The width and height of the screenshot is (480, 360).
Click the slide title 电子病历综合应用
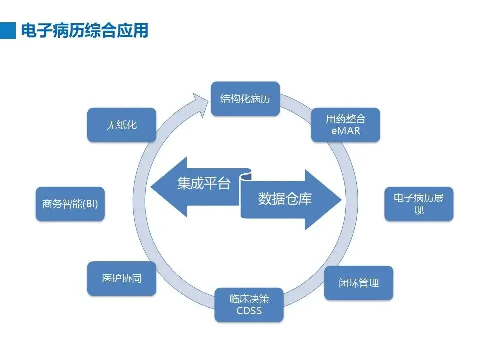[x=84, y=31]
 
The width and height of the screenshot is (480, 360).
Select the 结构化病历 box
[x=245, y=99]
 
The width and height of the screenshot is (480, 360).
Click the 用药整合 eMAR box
[x=345, y=125]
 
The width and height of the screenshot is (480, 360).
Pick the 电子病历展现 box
[x=418, y=204]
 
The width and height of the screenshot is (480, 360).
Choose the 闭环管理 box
[x=358, y=283]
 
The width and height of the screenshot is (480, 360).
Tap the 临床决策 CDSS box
[x=249, y=305]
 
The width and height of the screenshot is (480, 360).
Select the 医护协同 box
[x=122, y=278]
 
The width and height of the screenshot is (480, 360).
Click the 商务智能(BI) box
[x=70, y=204]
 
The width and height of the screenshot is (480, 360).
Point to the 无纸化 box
[x=122, y=125]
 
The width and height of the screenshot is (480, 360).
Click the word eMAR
[x=345, y=131]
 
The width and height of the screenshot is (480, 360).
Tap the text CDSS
[x=249, y=311]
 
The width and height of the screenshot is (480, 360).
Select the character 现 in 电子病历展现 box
[x=418, y=210]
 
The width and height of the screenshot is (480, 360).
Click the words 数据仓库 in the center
[x=285, y=199]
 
